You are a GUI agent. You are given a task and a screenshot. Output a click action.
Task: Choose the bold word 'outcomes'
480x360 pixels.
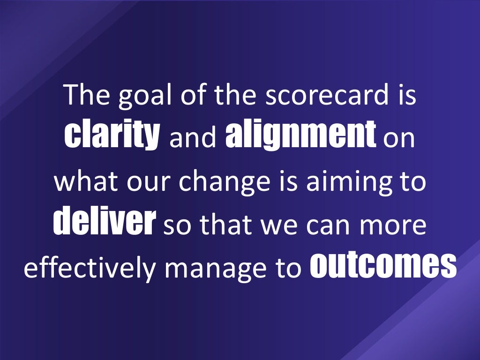click(383, 266)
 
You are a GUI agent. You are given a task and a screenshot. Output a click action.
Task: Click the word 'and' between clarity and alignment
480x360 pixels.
click(193, 139)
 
